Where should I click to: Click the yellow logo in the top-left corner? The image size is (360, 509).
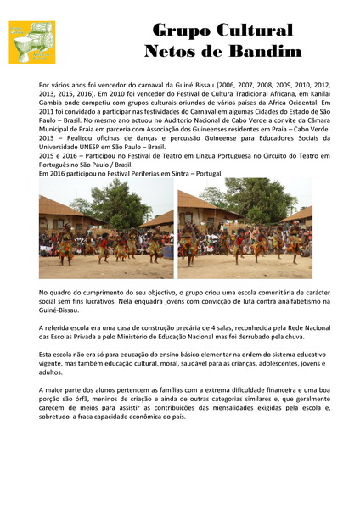coord(32,42)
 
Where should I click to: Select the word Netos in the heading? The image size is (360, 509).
coord(172,52)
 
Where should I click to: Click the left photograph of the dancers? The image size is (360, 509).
coord(106,228)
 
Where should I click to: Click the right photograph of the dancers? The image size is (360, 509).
coord(245,228)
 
